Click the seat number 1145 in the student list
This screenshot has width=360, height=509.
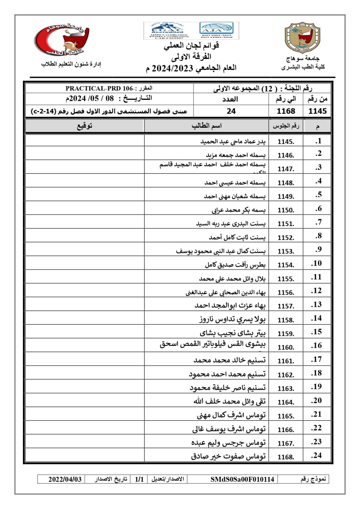coord(285,142)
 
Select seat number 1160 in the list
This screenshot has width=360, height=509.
coord(285,348)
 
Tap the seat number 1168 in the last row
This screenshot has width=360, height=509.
coord(285,457)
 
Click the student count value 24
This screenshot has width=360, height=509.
coord(231,111)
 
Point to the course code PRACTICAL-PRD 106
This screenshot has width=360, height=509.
coord(99,88)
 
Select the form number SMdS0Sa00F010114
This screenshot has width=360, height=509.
coord(242,480)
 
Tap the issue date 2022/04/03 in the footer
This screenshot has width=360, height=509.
coord(65,480)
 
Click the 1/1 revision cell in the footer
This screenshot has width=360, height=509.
coord(139,480)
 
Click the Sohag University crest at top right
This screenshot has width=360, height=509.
coord(302,38)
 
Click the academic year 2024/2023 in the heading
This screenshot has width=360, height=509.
coord(172,69)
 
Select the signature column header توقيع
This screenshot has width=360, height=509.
coord(85,126)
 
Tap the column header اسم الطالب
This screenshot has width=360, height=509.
coord(207,126)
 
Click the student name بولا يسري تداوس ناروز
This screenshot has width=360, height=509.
coord(232,319)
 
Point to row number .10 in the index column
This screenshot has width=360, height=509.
coord(317,263)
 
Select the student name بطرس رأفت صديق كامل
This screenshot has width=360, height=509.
coord(235,265)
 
